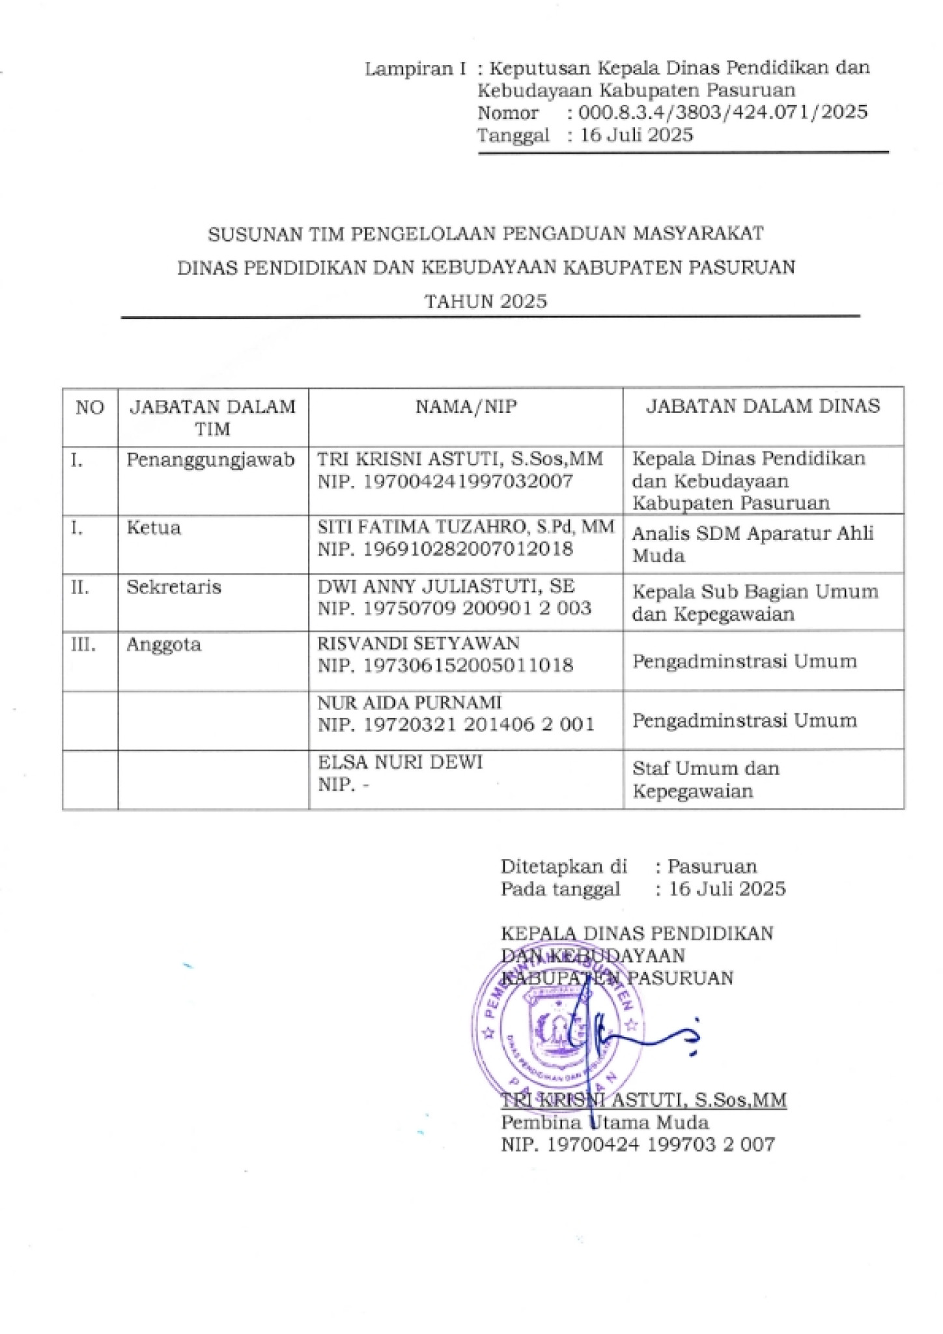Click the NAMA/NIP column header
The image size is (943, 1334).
pyautogui.click(x=466, y=407)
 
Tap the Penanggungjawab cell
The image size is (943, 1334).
pyautogui.click(x=210, y=459)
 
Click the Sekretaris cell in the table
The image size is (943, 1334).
pyautogui.click(x=174, y=587)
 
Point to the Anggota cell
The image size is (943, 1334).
pyautogui.click(x=163, y=645)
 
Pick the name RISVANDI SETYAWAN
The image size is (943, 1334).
pyautogui.click(x=418, y=644)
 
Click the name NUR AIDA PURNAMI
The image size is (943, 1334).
pyautogui.click(x=410, y=702)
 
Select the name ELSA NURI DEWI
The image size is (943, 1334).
pyautogui.click(x=400, y=761)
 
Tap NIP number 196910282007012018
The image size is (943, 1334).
pyautogui.click(x=445, y=549)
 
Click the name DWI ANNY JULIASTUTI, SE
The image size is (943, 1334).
pyautogui.click(x=446, y=586)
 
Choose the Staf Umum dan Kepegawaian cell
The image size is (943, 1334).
pyautogui.click(x=705, y=780)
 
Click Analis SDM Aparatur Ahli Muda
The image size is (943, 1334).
pyautogui.click(x=752, y=544)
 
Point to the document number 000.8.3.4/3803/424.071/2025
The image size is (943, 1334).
pyautogui.click(x=723, y=113)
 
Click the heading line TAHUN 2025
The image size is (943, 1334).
pyautogui.click(x=485, y=302)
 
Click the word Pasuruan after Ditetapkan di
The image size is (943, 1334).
pyautogui.click(x=712, y=866)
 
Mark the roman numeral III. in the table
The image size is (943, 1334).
pyautogui.click(x=83, y=645)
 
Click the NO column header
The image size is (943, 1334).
pyautogui.click(x=90, y=408)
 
